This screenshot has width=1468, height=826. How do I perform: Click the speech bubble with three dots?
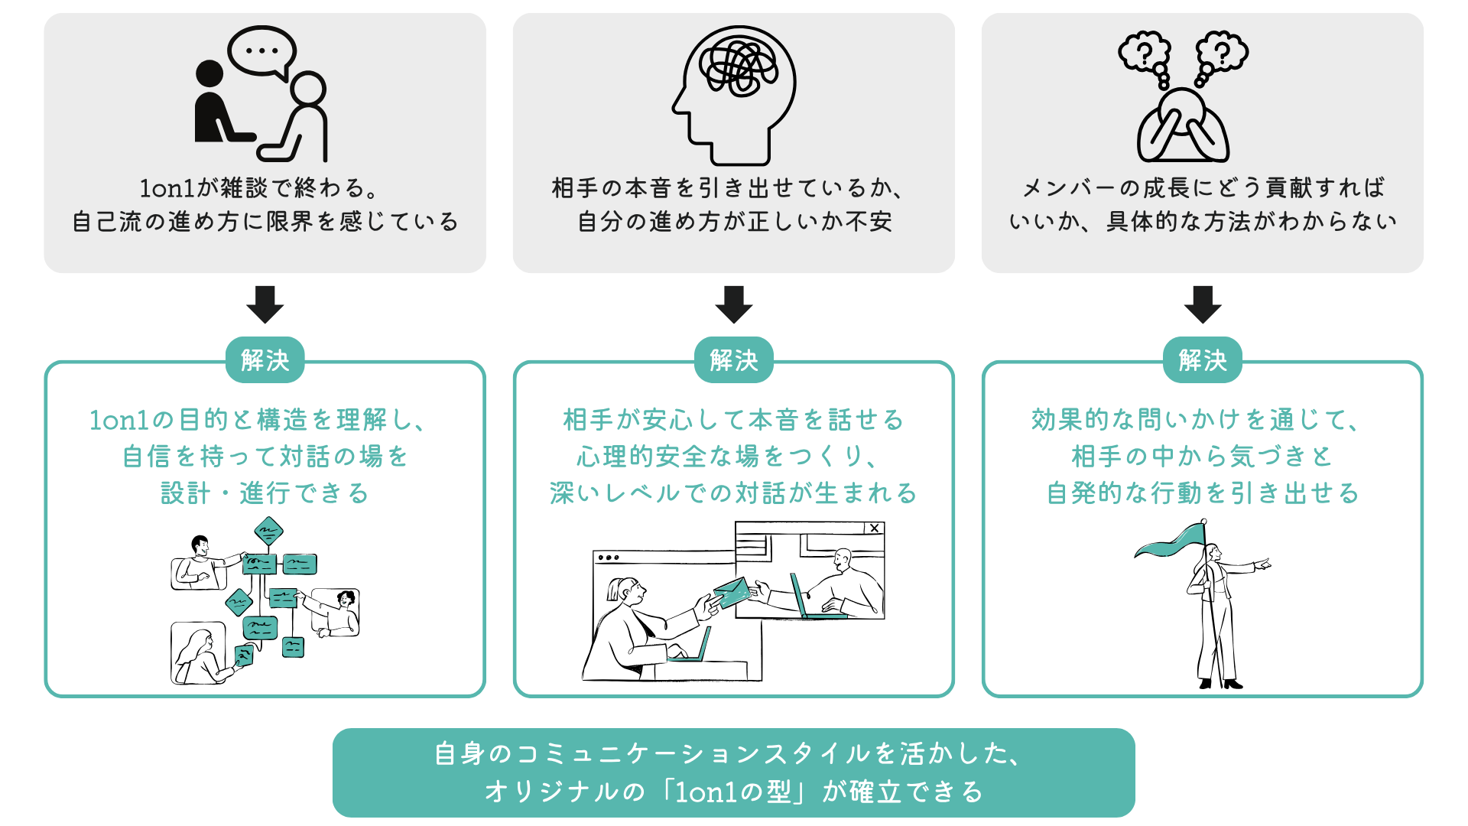coord(262,51)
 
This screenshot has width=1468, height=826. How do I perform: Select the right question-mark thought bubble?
coord(1222,52)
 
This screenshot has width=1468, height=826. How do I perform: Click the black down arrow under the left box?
coord(265,304)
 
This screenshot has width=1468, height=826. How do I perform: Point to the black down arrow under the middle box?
coord(734,304)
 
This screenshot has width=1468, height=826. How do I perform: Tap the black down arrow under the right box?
coord(1202,304)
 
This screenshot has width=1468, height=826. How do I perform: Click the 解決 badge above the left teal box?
coord(265,359)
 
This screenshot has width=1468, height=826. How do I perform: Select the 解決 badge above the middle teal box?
coord(734,359)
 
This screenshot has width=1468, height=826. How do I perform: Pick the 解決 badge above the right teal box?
coord(1202,359)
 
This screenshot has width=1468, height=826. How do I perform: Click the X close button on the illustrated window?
coord(874,528)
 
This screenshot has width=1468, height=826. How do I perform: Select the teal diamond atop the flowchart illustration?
coord(268,530)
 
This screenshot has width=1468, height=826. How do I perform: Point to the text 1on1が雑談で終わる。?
coord(258,188)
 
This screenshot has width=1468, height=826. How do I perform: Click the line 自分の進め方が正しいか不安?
coord(734,222)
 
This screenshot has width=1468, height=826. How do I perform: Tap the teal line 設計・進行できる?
coord(265,493)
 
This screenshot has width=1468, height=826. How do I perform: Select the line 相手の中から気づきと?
coord(1202,457)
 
